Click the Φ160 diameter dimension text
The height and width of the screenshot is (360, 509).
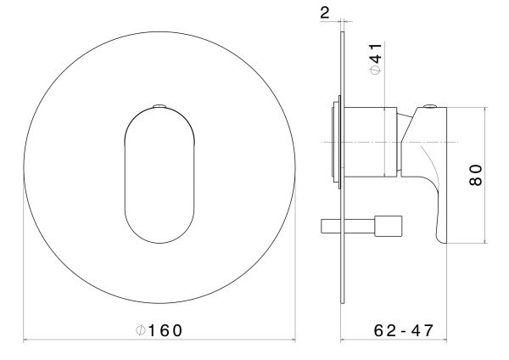159,329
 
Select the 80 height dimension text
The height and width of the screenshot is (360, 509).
477,177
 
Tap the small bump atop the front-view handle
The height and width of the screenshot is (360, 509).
160,107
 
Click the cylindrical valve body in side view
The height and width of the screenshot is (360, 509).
370,142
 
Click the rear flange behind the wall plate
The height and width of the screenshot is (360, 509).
335,142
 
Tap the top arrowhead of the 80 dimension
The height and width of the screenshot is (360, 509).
484,110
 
